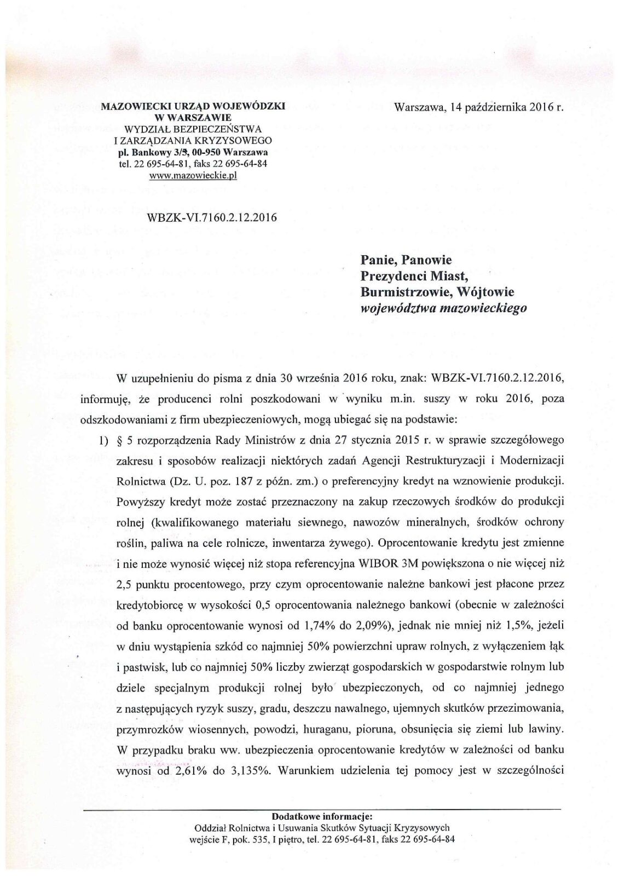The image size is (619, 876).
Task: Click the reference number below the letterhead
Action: (x=212, y=217)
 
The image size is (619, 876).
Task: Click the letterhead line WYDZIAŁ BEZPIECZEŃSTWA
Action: (x=193, y=129)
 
